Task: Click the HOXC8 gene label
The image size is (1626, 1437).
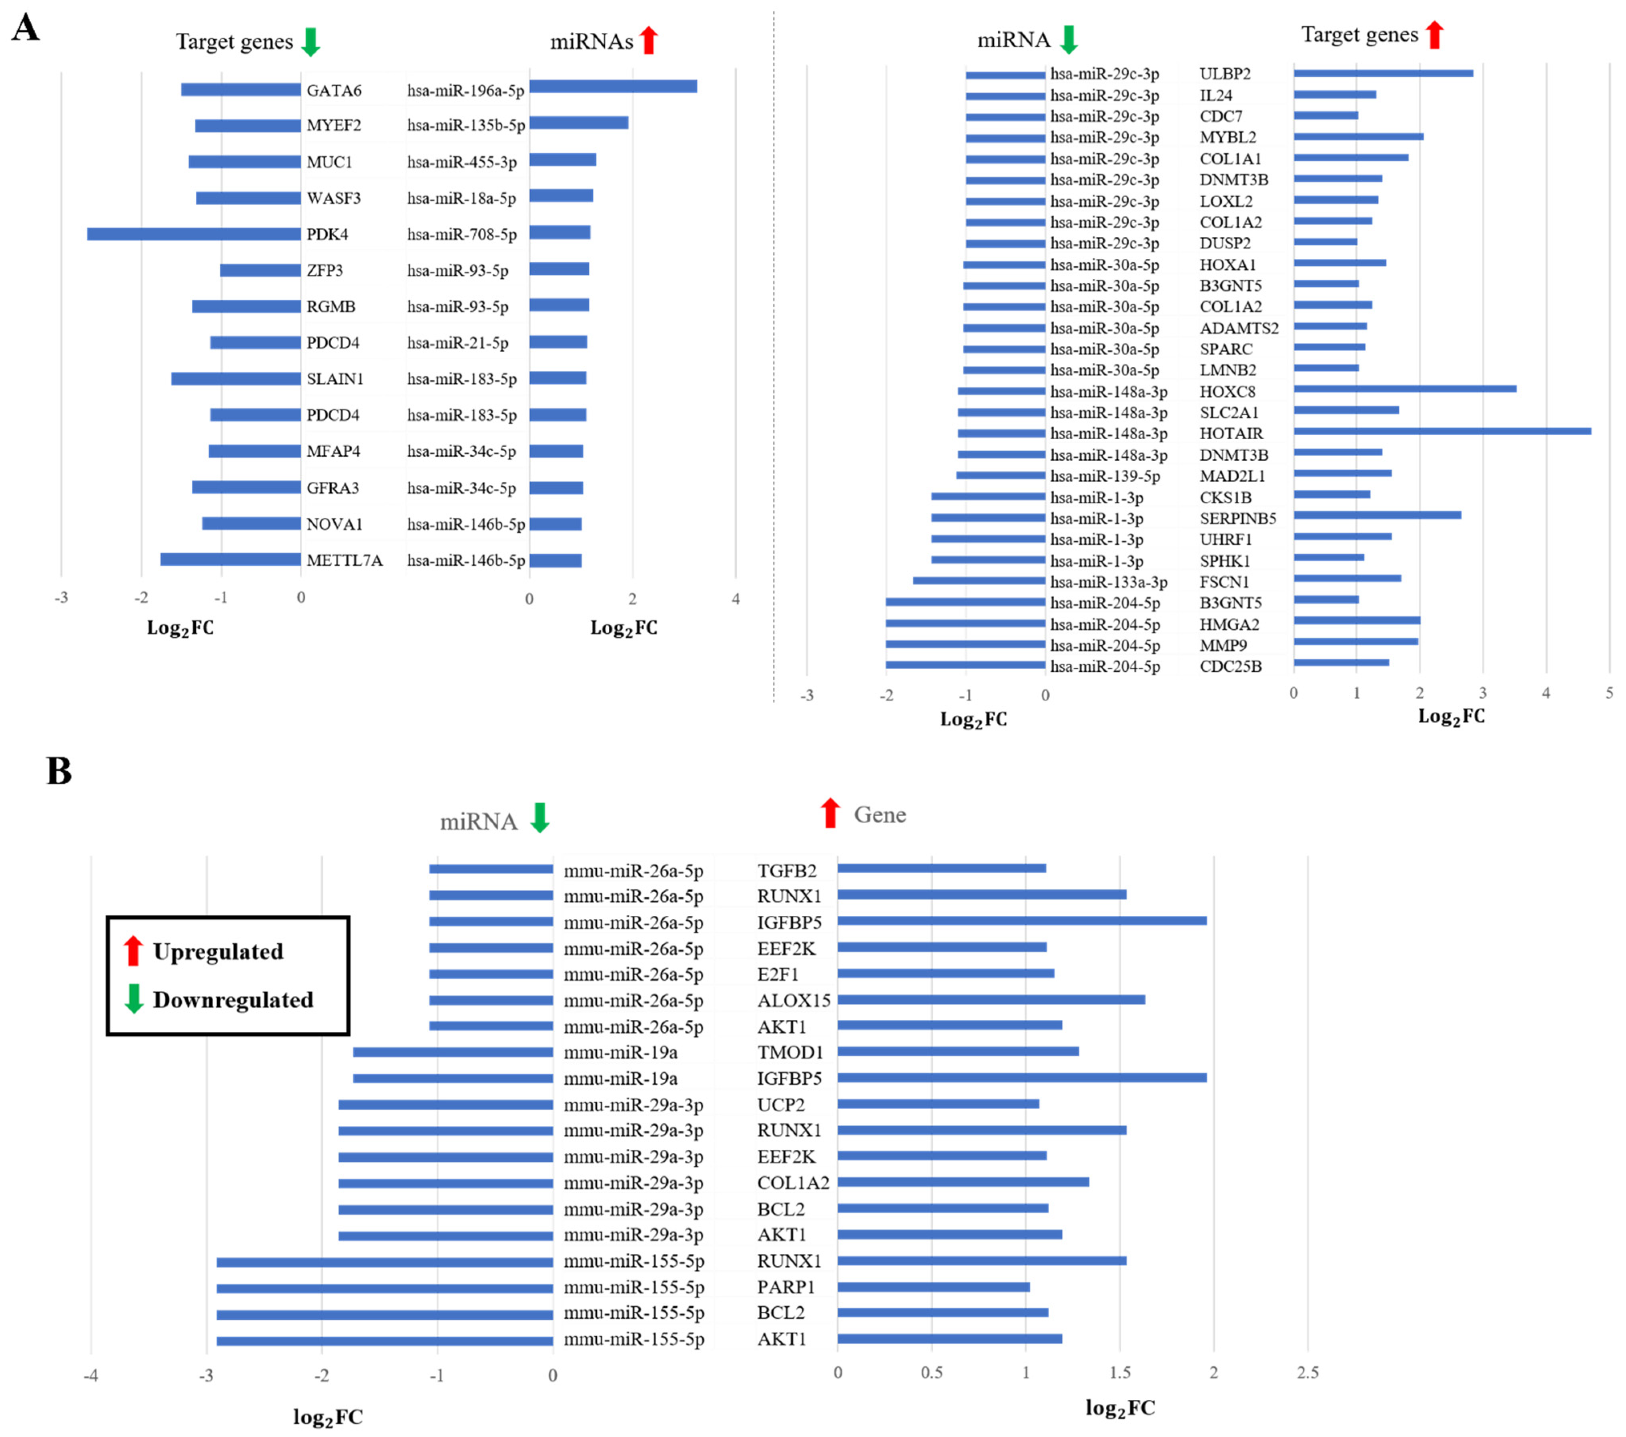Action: tap(1227, 391)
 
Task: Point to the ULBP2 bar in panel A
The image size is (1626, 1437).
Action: tap(1383, 73)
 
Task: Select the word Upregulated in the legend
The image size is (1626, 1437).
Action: tap(218, 952)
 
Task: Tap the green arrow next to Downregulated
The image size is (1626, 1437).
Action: tap(134, 999)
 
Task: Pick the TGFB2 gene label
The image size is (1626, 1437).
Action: tap(787, 871)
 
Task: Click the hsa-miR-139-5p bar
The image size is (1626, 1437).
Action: tap(1001, 476)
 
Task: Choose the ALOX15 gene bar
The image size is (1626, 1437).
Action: tap(990, 1000)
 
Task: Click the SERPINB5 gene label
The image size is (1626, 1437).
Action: tap(1238, 518)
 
